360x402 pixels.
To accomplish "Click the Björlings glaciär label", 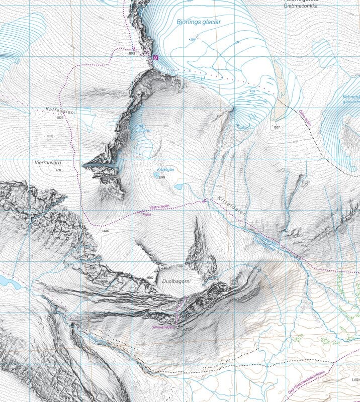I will [199, 22].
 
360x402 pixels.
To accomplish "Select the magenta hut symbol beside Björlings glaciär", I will [155, 58].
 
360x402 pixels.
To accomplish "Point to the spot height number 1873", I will [133, 53].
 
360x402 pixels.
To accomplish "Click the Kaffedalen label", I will [60, 111].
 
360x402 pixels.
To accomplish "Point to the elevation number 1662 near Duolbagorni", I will [149, 278].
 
